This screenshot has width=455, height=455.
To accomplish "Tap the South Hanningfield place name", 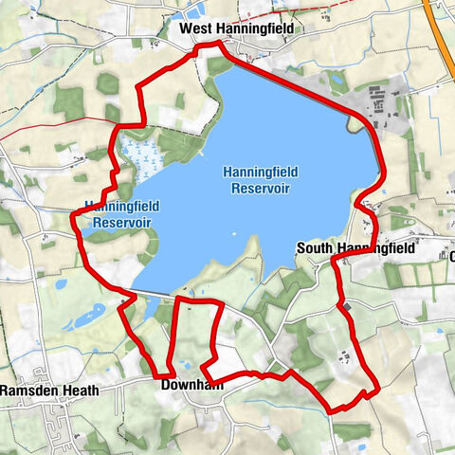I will point(355,247).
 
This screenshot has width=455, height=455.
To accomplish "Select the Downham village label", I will point(191,386).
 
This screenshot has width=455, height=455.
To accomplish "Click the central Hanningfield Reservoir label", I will point(260,179).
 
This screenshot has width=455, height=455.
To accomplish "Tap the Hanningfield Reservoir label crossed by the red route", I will point(120,213).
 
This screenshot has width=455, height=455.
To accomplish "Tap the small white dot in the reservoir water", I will point(232,233).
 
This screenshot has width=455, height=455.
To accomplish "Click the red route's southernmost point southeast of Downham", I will point(332,409).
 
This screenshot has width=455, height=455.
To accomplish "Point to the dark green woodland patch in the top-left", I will point(68,102).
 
